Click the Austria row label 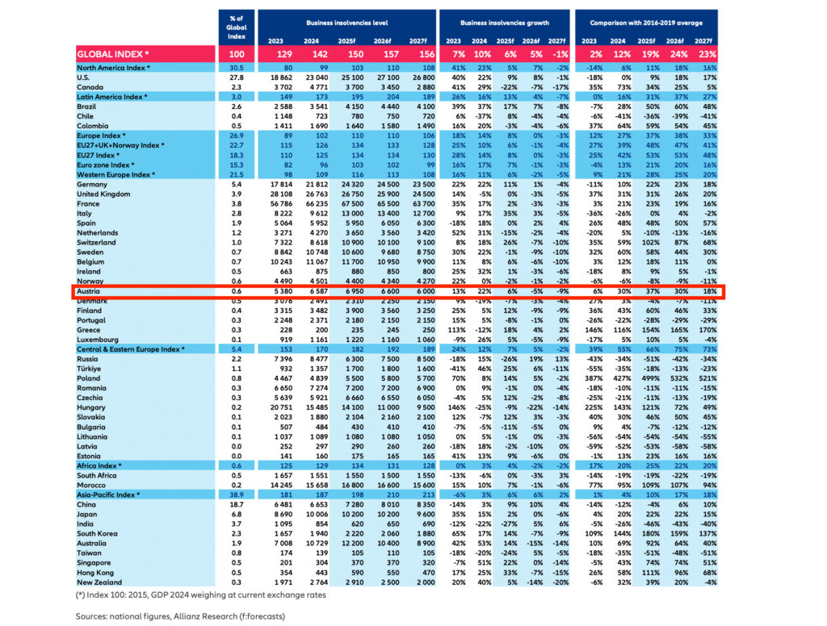click(x=88, y=291)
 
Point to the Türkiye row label click(x=90, y=367)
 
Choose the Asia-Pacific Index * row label click(x=107, y=494)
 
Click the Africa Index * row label click(x=99, y=465)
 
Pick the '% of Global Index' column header click(x=236, y=27)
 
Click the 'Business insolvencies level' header click(x=346, y=25)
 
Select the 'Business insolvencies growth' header click(x=501, y=25)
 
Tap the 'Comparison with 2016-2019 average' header click(x=644, y=25)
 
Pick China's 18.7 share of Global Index click(x=236, y=503)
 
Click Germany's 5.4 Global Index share click(x=236, y=185)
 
